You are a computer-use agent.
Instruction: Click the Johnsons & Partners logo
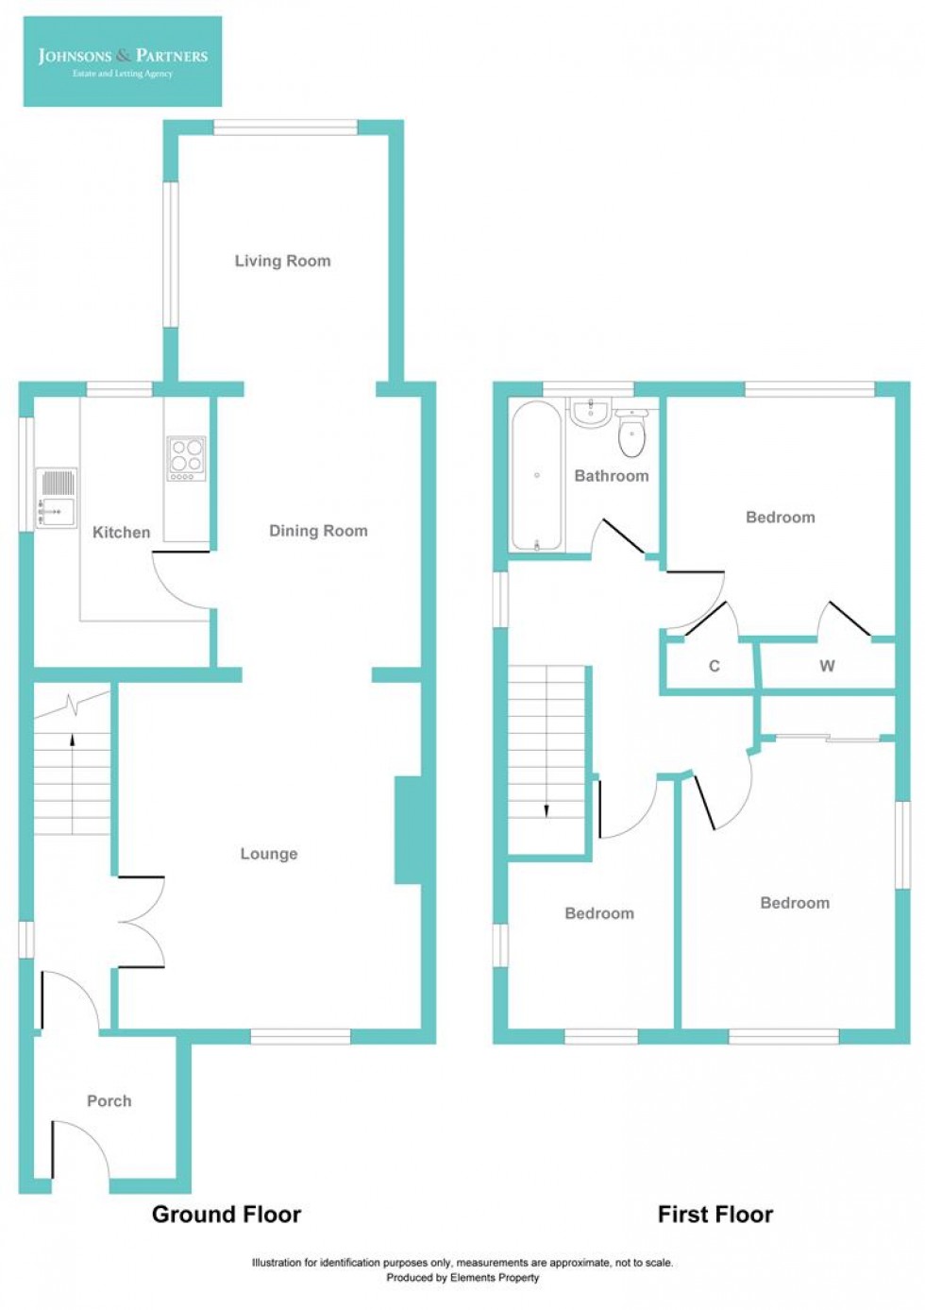pyautogui.click(x=123, y=61)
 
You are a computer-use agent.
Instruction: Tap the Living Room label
pyautogui.click(x=282, y=261)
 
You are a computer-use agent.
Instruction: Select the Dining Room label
pyautogui.click(x=318, y=531)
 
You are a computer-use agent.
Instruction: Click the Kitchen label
pyautogui.click(x=121, y=533)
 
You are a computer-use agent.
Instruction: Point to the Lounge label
pyautogui.click(x=269, y=854)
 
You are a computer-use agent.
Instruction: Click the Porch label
pyautogui.click(x=109, y=1101)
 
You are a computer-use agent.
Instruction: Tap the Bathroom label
pyautogui.click(x=612, y=476)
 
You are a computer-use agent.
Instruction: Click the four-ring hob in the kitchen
pyautogui.click(x=186, y=458)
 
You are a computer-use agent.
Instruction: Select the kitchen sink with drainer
pyautogui.click(x=57, y=498)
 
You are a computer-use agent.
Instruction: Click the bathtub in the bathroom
pyautogui.click(x=536, y=476)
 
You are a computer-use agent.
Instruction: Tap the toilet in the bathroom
pyautogui.click(x=631, y=434)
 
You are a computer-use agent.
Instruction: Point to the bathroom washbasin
pyautogui.click(x=592, y=412)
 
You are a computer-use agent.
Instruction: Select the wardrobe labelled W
pyautogui.click(x=827, y=667)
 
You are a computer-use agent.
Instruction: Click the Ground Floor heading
pyautogui.click(x=227, y=1215)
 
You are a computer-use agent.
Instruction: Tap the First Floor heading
pyautogui.click(x=715, y=1215)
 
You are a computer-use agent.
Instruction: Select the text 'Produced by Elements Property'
pyautogui.click(x=462, y=1278)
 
